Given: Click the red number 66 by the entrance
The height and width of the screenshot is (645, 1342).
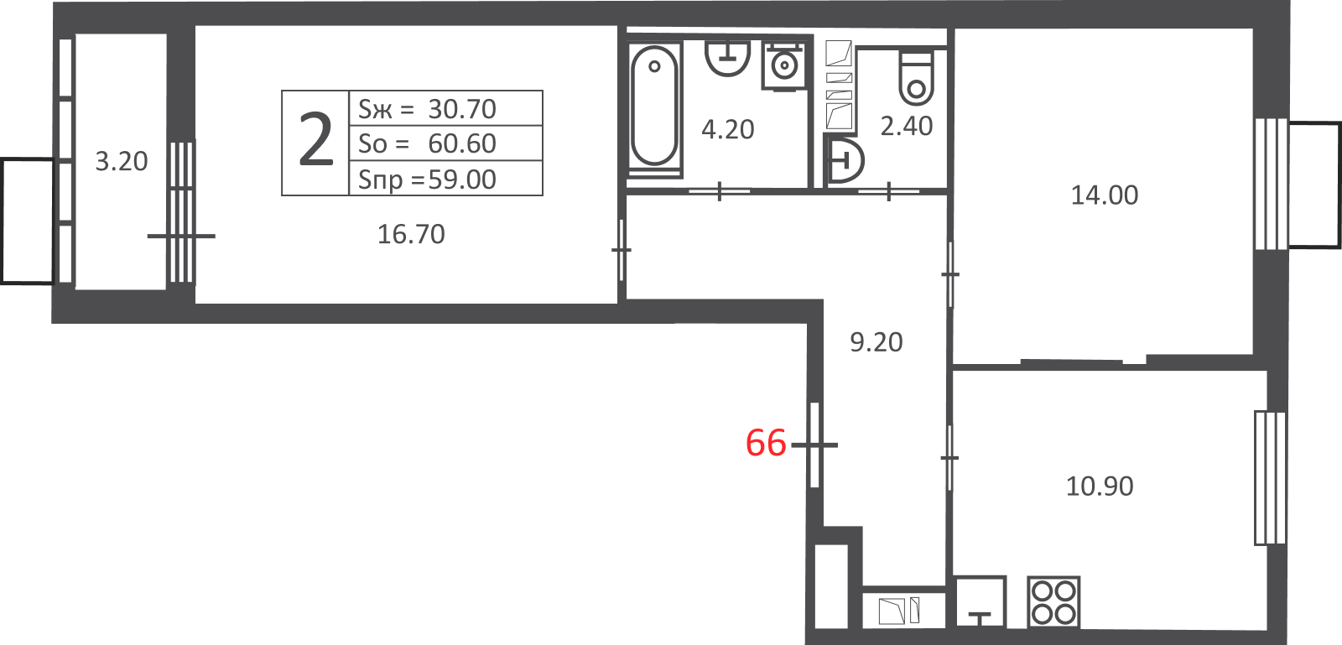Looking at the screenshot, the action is (x=766, y=443).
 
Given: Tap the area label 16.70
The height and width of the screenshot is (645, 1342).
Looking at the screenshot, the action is (x=411, y=234).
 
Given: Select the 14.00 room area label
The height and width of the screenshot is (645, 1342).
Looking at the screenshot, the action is (x=1104, y=195).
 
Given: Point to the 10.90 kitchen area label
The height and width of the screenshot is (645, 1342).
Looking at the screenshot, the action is (x=1100, y=486).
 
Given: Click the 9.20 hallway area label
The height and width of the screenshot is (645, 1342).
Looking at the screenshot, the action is (x=876, y=342).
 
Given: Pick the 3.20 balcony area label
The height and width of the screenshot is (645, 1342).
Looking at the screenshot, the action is (x=122, y=162).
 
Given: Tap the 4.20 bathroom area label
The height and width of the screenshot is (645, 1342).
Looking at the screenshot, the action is (x=727, y=129).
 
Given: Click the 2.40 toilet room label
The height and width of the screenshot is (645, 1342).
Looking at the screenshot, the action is (x=907, y=127).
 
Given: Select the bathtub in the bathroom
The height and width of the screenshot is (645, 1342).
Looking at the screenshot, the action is (x=654, y=106).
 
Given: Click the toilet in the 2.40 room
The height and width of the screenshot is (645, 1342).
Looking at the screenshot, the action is (x=916, y=79).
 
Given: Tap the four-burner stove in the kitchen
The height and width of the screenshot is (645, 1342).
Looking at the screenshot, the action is (x=1053, y=602).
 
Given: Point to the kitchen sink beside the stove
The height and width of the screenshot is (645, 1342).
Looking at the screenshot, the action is (x=980, y=602).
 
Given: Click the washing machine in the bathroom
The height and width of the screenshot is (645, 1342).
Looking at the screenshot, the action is (x=783, y=66).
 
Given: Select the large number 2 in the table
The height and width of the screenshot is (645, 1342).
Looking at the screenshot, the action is (x=315, y=142).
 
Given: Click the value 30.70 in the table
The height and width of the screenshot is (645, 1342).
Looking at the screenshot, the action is (x=462, y=109).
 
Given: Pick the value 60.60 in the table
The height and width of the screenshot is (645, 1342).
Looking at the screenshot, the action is (x=462, y=143).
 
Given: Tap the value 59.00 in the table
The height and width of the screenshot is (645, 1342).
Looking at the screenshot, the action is (x=462, y=179).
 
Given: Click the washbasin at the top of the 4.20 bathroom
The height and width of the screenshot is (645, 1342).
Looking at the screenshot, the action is (x=727, y=58).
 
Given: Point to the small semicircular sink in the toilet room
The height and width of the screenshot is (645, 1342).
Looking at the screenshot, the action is (x=845, y=160).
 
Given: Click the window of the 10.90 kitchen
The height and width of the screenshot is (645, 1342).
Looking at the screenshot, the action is (x=1270, y=478).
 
